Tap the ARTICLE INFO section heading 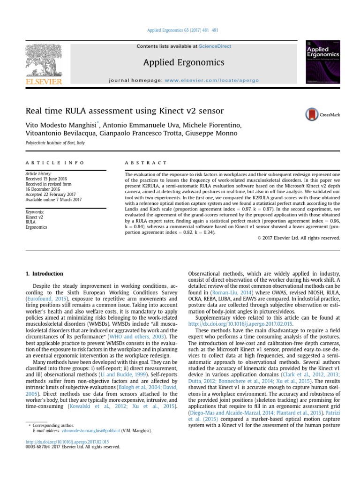(55, 163)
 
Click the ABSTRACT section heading (146, 163)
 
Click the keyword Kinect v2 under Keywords (34, 217)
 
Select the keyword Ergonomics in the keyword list (37, 227)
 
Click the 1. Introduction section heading (44, 274)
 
